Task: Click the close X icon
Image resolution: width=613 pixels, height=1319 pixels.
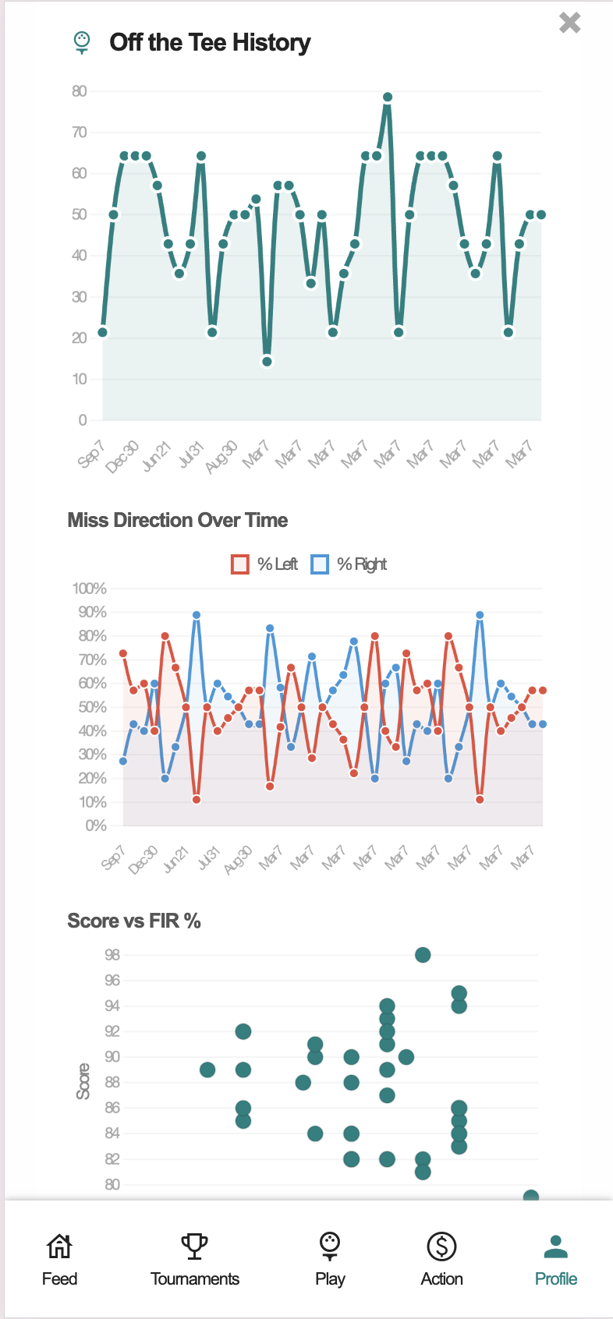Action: [x=570, y=23]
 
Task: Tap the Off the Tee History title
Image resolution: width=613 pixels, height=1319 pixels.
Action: [x=210, y=42]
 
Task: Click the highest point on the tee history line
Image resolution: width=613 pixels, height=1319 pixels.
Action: [x=388, y=97]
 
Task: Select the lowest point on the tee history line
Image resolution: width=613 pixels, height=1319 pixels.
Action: [x=267, y=362]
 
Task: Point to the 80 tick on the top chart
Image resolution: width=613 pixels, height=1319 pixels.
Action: [x=80, y=91]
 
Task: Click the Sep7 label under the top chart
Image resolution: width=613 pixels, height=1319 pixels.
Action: [x=92, y=454]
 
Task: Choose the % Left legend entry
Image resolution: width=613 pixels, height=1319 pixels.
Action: [x=264, y=564]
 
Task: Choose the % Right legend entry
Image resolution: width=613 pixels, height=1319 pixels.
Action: [x=349, y=564]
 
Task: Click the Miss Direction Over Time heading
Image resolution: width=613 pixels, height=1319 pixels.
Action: [x=178, y=520]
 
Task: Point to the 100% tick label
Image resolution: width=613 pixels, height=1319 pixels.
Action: [x=90, y=589]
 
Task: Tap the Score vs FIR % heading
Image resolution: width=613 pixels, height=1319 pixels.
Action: [x=134, y=921]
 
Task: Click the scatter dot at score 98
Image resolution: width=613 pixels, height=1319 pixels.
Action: [x=423, y=955]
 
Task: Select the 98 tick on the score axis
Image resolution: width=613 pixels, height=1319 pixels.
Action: [x=112, y=955]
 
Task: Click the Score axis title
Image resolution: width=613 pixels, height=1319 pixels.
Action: [x=83, y=1081]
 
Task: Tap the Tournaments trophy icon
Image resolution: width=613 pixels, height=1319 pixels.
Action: [x=194, y=1246]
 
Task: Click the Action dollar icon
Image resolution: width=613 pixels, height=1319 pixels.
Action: [x=441, y=1246]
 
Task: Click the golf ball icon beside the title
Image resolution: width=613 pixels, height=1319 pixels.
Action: [x=82, y=41]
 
